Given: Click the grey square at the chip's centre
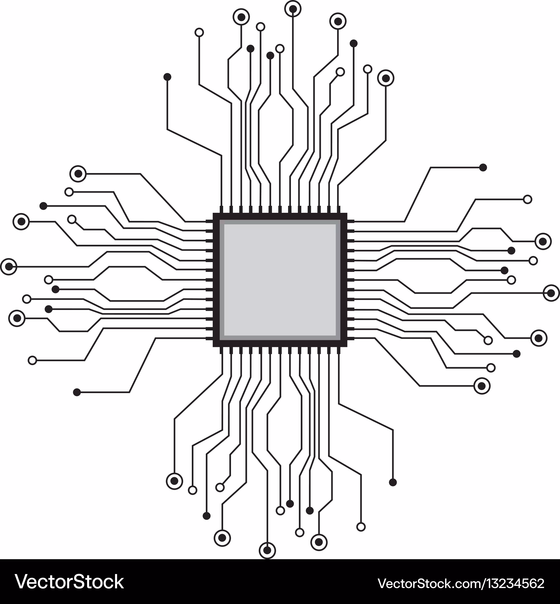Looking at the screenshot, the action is click(x=280, y=280).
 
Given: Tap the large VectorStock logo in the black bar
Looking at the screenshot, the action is click(x=69, y=582).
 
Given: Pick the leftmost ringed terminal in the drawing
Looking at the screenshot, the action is click(x=9, y=267).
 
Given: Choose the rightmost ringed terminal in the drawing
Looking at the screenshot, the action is click(x=551, y=293).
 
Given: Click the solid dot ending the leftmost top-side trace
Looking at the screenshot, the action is click(x=167, y=77).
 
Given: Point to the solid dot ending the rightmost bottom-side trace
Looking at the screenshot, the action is click(x=393, y=482).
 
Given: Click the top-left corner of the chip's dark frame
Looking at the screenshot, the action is click(x=213, y=213).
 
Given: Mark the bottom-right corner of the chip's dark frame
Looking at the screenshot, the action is click(x=347, y=347).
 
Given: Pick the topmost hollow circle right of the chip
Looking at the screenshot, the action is click(x=528, y=199).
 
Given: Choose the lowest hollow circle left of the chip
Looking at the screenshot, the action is click(x=32, y=360).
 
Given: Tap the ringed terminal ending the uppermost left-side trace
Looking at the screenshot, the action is click(x=78, y=174).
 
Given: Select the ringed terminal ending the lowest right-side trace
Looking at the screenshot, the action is click(x=482, y=386).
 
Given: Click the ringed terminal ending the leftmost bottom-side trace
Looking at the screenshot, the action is click(x=174, y=481).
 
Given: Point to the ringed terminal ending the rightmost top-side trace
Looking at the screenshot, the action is click(x=386, y=78).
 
